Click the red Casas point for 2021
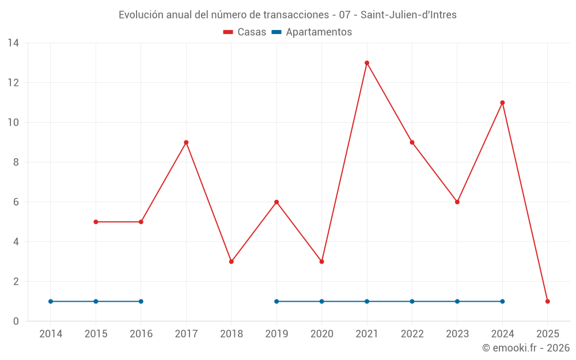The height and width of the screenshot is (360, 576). tap(367, 63)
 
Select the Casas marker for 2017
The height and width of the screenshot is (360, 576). tap(186, 142)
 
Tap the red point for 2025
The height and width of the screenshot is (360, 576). tap(548, 301)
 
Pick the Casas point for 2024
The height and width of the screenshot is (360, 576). tap(502, 103)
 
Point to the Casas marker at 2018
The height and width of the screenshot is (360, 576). tap(232, 262)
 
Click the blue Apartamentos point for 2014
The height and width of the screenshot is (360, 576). tap(51, 301)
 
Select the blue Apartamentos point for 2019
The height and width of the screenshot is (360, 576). tap(276, 301)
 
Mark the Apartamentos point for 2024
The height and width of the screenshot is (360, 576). tap(502, 301)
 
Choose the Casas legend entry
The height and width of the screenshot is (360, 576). tap(245, 32)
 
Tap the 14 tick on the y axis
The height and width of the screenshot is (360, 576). tap(13, 43)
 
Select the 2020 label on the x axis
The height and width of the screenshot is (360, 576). tap(321, 334)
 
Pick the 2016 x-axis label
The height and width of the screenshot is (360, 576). tap(141, 334)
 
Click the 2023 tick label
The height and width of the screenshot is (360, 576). tap(457, 334)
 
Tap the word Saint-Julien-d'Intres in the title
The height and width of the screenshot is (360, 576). tap(408, 15)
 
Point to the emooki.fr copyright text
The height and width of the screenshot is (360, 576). tap(526, 348)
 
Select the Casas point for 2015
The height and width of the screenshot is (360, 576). tap(96, 222)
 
